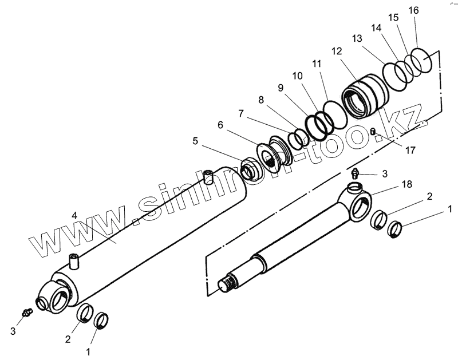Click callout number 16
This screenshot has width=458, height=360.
pos(414,10)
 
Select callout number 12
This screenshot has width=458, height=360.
pos(336,51)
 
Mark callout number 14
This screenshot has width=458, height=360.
pos(376,27)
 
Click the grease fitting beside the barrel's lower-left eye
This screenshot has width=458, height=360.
pos(25,312)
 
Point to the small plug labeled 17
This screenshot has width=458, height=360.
pos(373,133)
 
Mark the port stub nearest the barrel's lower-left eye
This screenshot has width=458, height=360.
pos(73,263)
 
